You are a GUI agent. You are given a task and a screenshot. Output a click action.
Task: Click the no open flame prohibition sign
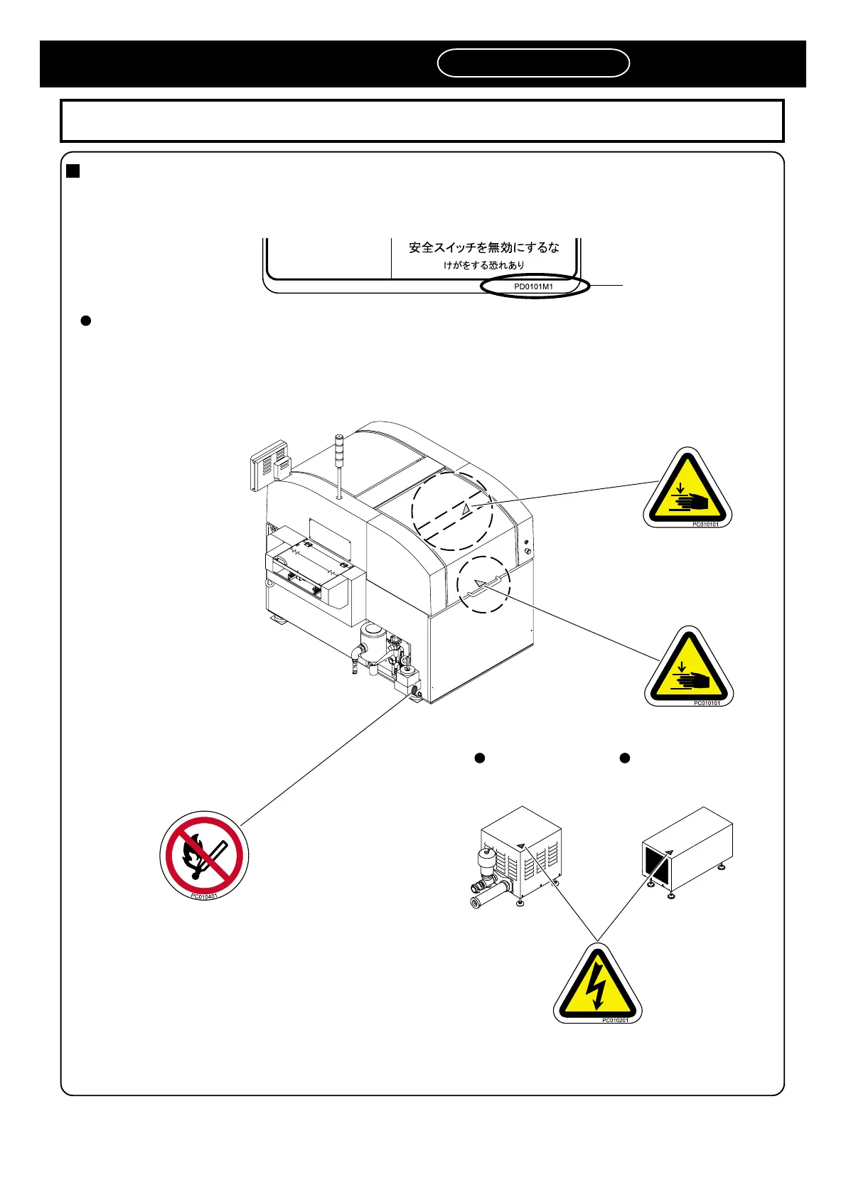tap(204, 854)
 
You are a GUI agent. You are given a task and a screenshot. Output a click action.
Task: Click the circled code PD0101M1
tap(534, 286)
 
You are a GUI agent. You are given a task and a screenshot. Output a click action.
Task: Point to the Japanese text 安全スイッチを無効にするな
tap(483, 247)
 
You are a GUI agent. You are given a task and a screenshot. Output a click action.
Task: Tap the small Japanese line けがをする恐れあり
tap(484, 265)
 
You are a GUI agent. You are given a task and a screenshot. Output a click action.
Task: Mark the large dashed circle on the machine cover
tap(452, 511)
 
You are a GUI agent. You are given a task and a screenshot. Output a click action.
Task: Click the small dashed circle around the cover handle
tap(483, 584)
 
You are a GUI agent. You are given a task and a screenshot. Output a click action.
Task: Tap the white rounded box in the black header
tap(533, 63)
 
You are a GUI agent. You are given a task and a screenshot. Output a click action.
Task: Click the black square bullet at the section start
tap(73, 171)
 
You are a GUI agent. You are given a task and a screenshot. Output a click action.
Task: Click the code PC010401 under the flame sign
tap(204, 896)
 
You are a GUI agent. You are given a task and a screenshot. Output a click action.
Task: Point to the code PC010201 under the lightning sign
tap(615, 1020)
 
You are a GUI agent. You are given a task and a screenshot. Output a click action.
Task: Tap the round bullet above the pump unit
tap(480, 758)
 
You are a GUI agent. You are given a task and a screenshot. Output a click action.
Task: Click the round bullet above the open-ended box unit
tap(625, 758)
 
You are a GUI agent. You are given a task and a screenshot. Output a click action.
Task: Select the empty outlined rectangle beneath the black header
tap(422, 121)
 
